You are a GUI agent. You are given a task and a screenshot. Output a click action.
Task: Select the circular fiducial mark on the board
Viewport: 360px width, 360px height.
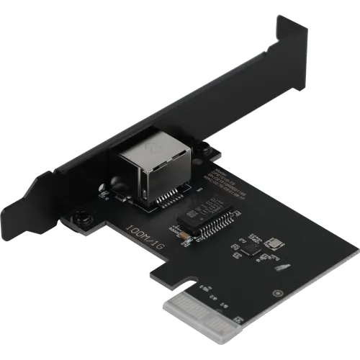click(277, 293)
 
